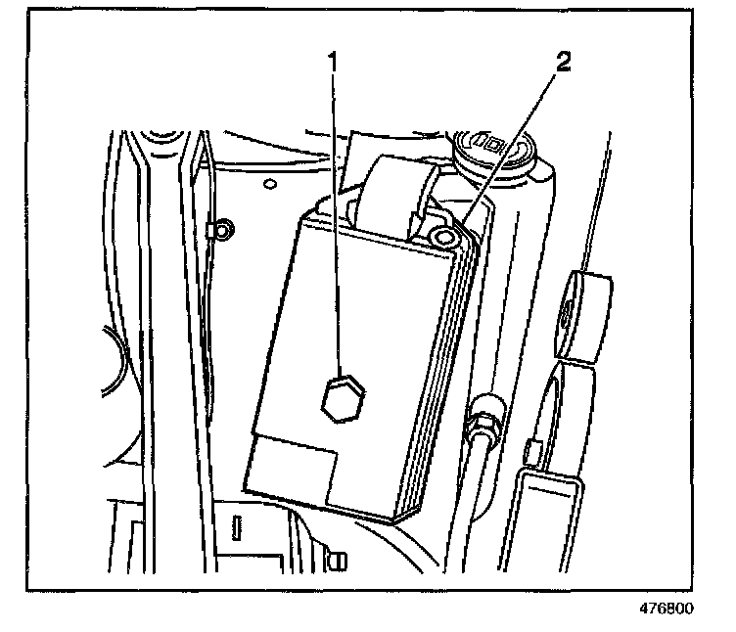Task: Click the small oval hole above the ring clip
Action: tap(267, 182)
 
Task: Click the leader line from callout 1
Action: tap(334, 215)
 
